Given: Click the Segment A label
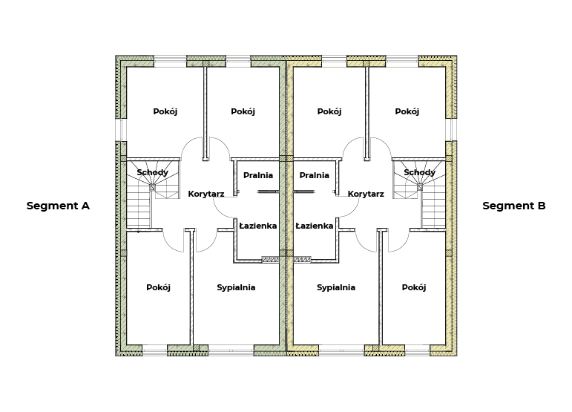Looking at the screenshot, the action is [58, 206].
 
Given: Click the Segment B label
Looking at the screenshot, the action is [514, 206].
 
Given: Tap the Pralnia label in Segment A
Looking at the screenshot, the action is [258, 175].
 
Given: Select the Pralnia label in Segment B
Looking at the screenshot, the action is [314, 175].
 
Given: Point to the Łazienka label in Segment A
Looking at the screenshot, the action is [258, 226].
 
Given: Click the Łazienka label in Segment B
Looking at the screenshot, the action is [314, 226].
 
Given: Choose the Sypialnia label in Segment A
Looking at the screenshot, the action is [236, 287].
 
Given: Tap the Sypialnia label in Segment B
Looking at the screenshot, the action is [336, 287].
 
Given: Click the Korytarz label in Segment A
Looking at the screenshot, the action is [206, 194].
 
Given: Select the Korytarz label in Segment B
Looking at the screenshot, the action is [366, 194].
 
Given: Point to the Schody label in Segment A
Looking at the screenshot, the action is [153, 172].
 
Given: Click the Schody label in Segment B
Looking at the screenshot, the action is [419, 172].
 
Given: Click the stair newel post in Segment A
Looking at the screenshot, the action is [153, 188].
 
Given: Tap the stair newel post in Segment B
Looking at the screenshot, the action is [420, 188].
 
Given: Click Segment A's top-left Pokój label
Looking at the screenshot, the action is [165, 111].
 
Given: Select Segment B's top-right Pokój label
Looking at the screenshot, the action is [407, 111].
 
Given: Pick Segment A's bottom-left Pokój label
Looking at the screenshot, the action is [158, 287].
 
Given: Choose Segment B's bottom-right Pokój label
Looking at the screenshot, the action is [414, 287].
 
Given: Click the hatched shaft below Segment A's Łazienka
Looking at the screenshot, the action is [270, 260].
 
